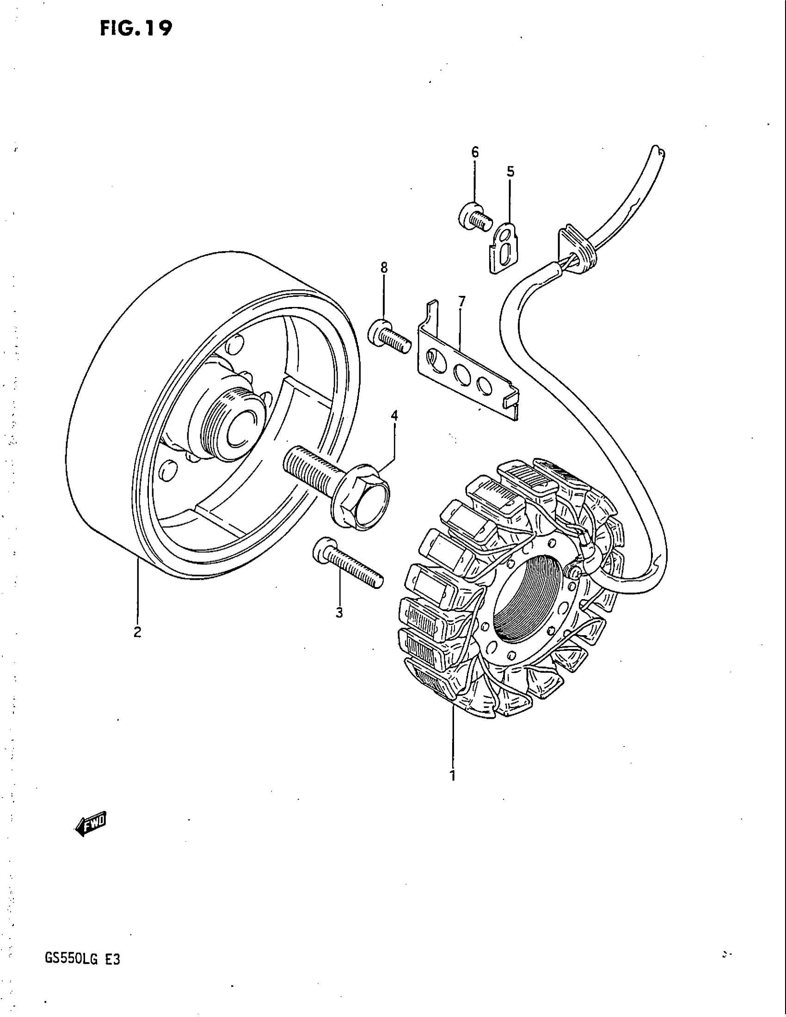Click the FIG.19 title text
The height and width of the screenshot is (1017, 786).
(135, 29)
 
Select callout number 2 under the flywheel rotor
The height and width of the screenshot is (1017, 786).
(137, 632)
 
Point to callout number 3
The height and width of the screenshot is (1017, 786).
(339, 613)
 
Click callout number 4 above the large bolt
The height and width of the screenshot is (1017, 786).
(394, 416)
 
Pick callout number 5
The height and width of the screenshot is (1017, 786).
(511, 172)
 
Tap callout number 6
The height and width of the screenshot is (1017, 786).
(475, 152)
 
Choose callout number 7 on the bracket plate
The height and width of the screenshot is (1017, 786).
(461, 301)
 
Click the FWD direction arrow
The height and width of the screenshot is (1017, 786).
(91, 825)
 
